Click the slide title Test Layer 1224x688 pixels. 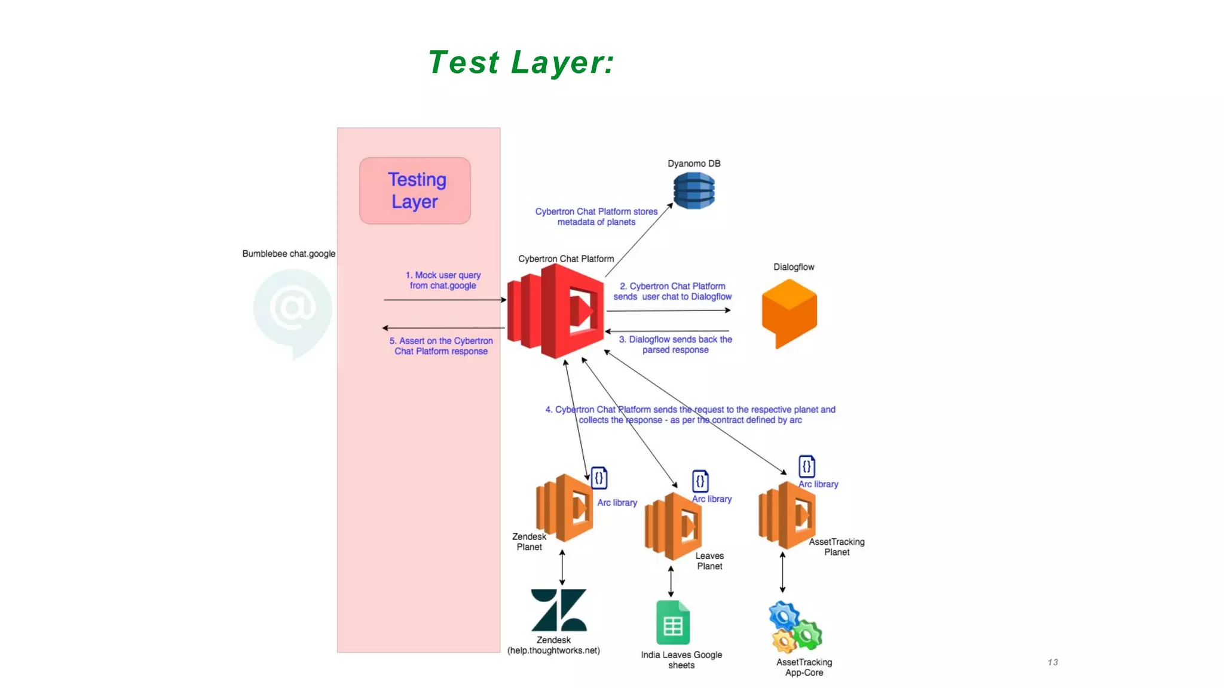tap(521, 62)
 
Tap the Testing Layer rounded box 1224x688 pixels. tap(415, 191)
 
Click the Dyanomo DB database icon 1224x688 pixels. tap(694, 191)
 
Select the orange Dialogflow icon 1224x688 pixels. tap(789, 312)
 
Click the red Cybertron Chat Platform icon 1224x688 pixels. tap(556, 311)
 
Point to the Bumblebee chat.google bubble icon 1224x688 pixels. tap(292, 311)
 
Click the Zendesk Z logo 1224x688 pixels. tap(559, 610)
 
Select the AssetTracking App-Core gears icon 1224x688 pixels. tap(795, 628)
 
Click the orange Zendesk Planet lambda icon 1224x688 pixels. tap(564, 508)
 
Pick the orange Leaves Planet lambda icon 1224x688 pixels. tap(673, 526)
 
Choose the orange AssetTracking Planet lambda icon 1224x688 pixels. tap(787, 515)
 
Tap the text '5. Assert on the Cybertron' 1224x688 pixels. tap(441, 341)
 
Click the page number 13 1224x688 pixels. tap(1052, 662)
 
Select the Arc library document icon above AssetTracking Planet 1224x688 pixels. tap(806, 466)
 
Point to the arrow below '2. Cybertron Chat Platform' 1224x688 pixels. tap(668, 311)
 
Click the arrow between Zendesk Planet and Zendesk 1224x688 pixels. tap(562, 567)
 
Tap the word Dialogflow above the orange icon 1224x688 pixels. tap(794, 267)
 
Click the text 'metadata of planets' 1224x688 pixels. tap(596, 222)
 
